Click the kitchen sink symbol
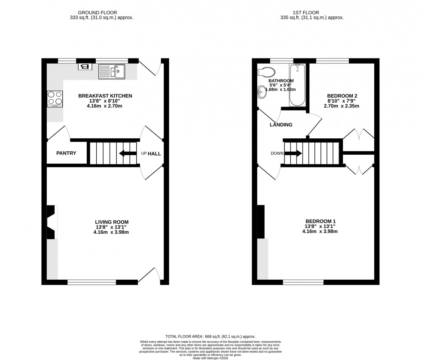111,71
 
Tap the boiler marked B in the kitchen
85,67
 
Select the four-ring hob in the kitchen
55,99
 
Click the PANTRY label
66,153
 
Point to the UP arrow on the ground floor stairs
127,153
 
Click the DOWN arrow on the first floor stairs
293,153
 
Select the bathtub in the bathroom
297,85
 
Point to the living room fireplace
52,222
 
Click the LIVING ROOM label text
112,222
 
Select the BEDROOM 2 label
342,96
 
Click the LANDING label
281,125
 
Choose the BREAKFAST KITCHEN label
105,96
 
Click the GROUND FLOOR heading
101,12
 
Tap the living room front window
92,282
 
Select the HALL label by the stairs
154,153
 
